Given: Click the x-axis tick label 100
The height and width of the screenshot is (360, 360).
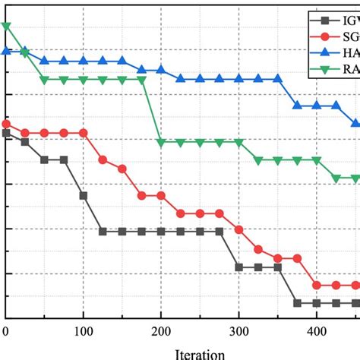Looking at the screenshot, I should click(84, 332).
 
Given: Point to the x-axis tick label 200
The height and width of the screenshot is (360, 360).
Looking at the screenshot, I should click(161, 332).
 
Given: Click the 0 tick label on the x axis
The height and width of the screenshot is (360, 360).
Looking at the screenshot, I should click(6, 332).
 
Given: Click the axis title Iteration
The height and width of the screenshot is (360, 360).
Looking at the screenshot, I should click(200, 353).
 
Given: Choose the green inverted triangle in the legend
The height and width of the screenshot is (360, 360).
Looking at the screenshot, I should click(325, 71).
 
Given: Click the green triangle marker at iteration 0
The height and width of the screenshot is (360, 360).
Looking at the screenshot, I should click(6, 27).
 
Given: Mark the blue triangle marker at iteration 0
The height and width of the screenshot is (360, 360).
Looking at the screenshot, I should click(6, 51).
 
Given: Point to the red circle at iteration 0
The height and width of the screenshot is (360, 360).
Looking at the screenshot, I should click(6, 124).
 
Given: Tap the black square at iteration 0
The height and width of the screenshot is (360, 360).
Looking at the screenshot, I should click(6, 133).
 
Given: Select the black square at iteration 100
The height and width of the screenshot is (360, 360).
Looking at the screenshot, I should click(84, 195).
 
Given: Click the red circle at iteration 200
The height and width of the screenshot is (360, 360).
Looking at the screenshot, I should click(161, 195).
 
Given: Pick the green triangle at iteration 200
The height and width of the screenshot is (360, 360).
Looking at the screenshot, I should click(161, 142).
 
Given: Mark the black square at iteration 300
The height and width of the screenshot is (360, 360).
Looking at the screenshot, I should click(239, 267).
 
